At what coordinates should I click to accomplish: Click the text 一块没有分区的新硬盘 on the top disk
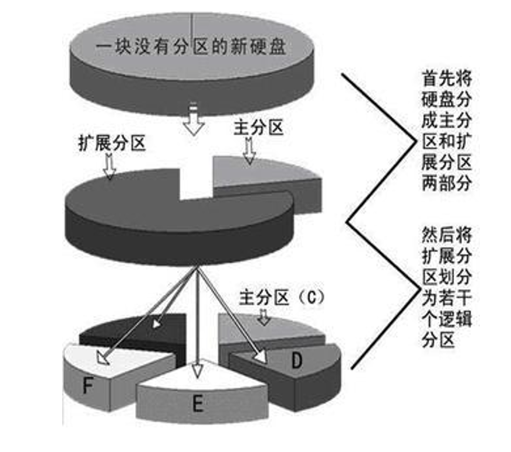[191, 47]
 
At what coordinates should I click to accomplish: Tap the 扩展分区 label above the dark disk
[111, 144]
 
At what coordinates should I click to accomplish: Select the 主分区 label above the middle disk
[258, 128]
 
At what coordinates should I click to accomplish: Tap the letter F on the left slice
[89, 385]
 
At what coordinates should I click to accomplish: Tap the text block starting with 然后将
[446, 287]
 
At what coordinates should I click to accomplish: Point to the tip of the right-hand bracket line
[348, 222]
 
